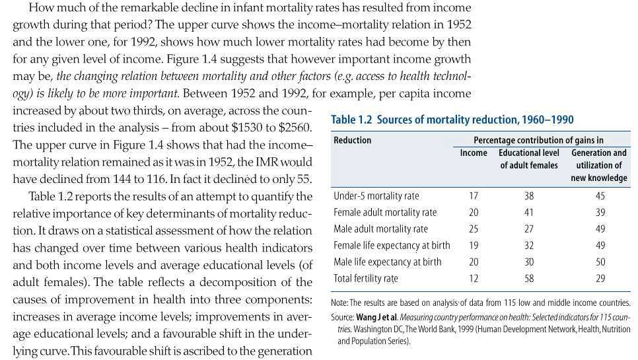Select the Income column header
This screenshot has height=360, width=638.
[x=473, y=153]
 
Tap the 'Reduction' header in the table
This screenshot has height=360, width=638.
[x=352, y=140]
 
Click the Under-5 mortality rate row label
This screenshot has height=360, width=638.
[x=376, y=196]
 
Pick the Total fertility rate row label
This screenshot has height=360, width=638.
[x=366, y=278]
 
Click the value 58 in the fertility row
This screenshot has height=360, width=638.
[x=528, y=278]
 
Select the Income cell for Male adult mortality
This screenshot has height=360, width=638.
[x=473, y=229]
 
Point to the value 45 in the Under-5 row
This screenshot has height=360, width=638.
[x=599, y=196]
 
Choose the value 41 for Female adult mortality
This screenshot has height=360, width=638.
[x=528, y=212]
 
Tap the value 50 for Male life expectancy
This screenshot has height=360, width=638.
[x=599, y=262]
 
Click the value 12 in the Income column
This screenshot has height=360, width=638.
[x=473, y=278]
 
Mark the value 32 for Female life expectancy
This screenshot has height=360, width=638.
[x=528, y=245]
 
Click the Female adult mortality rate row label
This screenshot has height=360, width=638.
[x=385, y=212]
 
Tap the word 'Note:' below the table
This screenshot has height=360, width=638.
[x=340, y=302]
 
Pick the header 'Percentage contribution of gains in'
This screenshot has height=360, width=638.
[x=538, y=140]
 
